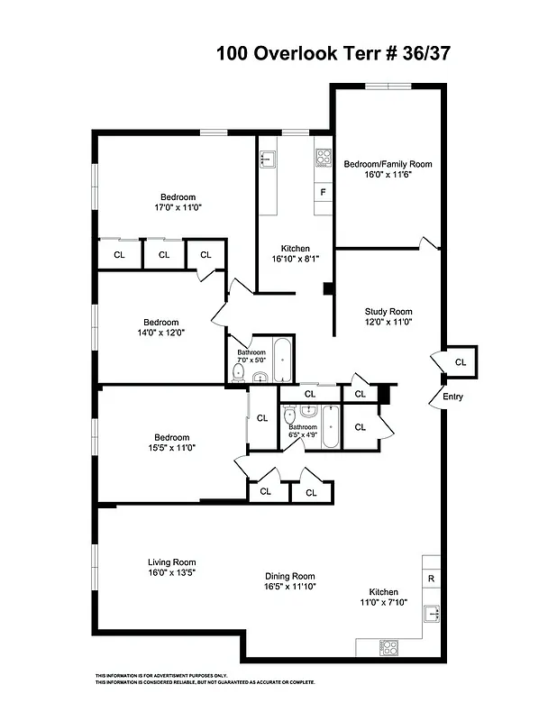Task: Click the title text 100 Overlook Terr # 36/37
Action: point(333,53)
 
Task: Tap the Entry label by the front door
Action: point(452,396)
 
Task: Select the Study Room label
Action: point(388,312)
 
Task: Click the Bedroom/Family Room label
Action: point(388,164)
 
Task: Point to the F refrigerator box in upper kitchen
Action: point(323,192)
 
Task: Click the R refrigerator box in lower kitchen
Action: point(431,578)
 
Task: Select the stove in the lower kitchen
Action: point(389,646)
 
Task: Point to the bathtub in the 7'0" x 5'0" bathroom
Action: point(282,360)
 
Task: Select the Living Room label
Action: point(172,562)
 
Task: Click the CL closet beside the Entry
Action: point(461,362)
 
